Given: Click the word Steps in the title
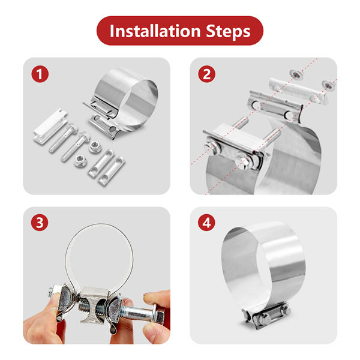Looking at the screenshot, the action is [228, 31].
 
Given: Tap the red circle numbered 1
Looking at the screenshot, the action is [40, 74].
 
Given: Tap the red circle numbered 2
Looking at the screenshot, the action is [206, 74].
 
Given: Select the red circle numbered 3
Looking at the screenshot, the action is [40, 223].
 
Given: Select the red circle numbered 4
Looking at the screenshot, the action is [206, 223].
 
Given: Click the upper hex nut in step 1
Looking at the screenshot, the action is [94, 147].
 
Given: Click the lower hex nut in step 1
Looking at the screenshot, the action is [80, 160].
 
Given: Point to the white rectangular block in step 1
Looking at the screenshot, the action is [51, 127].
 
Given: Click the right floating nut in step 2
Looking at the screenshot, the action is [328, 85].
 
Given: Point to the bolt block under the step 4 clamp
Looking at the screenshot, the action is [266, 316].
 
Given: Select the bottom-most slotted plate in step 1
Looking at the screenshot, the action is [112, 171].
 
